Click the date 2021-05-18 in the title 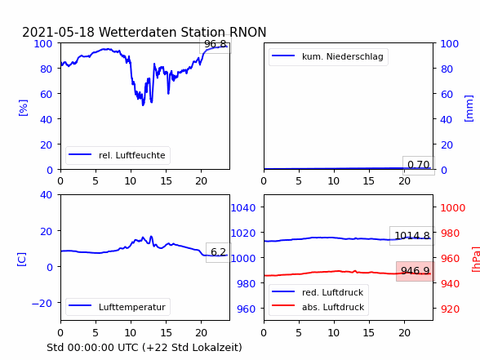coord(58,32)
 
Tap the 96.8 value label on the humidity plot coord(216,44)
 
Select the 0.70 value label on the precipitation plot coord(419,165)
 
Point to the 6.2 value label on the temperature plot coord(218,252)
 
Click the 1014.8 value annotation coord(412,236)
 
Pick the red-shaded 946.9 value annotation coord(416,271)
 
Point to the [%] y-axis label coord(23,108)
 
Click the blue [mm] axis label coord(469,109)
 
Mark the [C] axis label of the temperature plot coord(21,259)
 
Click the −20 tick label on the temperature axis coord(42,303)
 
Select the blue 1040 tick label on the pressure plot coord(243,208)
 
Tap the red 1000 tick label coord(453,208)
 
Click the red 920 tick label coord(450,309)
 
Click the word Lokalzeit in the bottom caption coord(220,348)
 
